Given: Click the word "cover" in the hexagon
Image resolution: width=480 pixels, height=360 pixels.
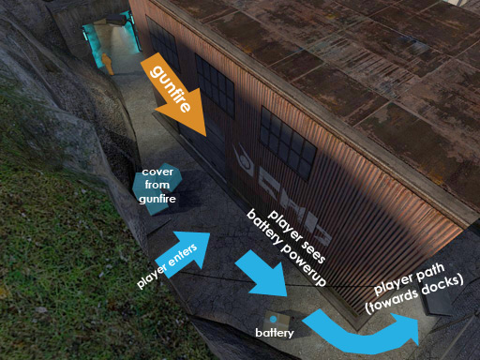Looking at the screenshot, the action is pyautogui.click(x=157, y=174).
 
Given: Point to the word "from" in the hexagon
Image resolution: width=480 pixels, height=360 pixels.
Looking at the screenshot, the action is pyautogui.click(x=157, y=186).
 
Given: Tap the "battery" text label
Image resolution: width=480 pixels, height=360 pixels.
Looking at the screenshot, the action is pyautogui.click(x=275, y=332).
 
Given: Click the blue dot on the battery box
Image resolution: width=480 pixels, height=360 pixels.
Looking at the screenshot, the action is pyautogui.click(x=273, y=319).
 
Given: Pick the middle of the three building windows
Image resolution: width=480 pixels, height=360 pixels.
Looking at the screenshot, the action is pyautogui.click(x=215, y=83).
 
